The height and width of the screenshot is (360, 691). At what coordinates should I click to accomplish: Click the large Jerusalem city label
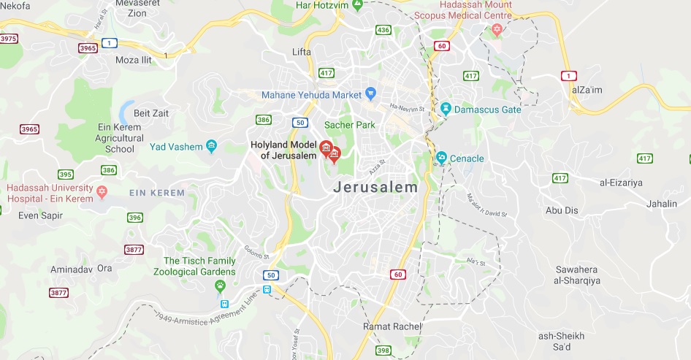point(376,187)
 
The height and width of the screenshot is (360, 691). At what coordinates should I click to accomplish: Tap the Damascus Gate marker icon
point(446,110)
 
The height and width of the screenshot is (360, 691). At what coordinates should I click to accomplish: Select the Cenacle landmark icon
point(441,158)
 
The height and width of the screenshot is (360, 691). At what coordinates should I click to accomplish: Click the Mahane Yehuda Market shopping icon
point(370,94)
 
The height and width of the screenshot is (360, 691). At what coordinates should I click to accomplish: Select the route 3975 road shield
point(9,38)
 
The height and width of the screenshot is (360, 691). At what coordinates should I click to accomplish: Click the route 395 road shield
point(66,175)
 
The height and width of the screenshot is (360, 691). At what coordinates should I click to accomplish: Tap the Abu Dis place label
point(562,210)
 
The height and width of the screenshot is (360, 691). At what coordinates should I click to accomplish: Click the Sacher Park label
point(350,125)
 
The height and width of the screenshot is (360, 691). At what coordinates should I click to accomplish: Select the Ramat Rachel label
point(393,326)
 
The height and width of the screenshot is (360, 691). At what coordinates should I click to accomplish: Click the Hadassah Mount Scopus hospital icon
point(497,29)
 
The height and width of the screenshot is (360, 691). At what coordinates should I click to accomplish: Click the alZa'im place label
point(587,89)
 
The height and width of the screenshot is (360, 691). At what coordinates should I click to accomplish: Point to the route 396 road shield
point(134,218)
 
